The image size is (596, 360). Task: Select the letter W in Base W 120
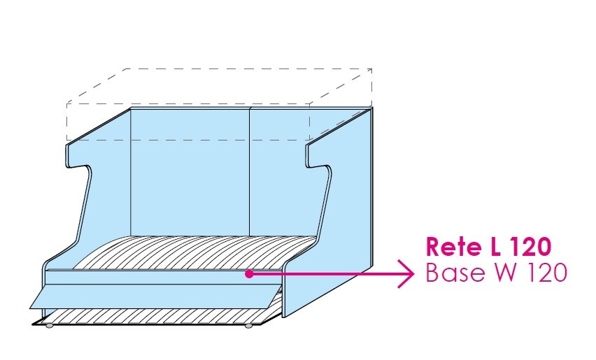click(502, 273)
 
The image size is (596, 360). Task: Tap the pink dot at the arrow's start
click(249, 274)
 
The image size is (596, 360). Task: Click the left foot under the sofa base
click(48, 325)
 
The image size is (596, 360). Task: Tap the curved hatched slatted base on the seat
click(189, 252)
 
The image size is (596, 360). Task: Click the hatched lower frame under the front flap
click(154, 316)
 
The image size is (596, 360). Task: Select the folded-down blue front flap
click(154, 295)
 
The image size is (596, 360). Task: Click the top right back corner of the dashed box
click(371, 69)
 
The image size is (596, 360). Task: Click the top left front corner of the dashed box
click(67, 103)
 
